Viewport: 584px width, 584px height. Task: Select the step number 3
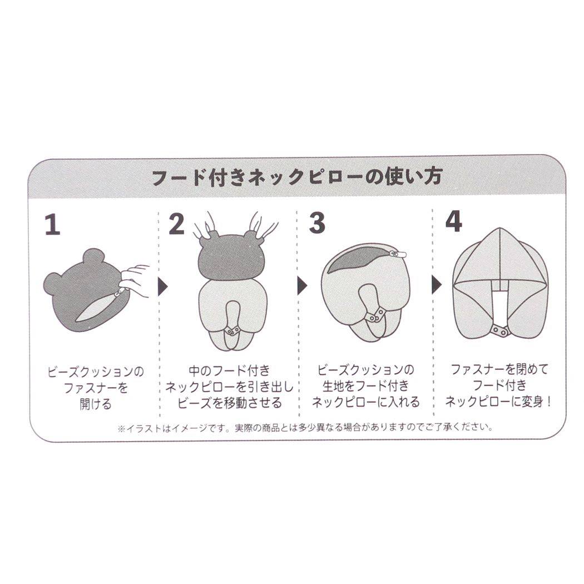316,224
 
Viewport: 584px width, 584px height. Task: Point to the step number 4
453,223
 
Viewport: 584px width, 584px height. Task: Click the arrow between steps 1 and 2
163,287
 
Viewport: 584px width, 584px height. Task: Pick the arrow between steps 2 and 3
302,287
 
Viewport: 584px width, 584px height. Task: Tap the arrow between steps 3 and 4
437,287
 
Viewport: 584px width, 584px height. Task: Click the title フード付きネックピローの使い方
296,177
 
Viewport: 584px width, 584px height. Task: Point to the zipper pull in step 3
398,254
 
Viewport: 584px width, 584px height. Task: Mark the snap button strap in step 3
376,315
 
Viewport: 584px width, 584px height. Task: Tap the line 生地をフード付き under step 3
365,386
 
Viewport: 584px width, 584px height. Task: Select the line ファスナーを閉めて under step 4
499,369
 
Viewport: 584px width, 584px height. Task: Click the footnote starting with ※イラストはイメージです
304,428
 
